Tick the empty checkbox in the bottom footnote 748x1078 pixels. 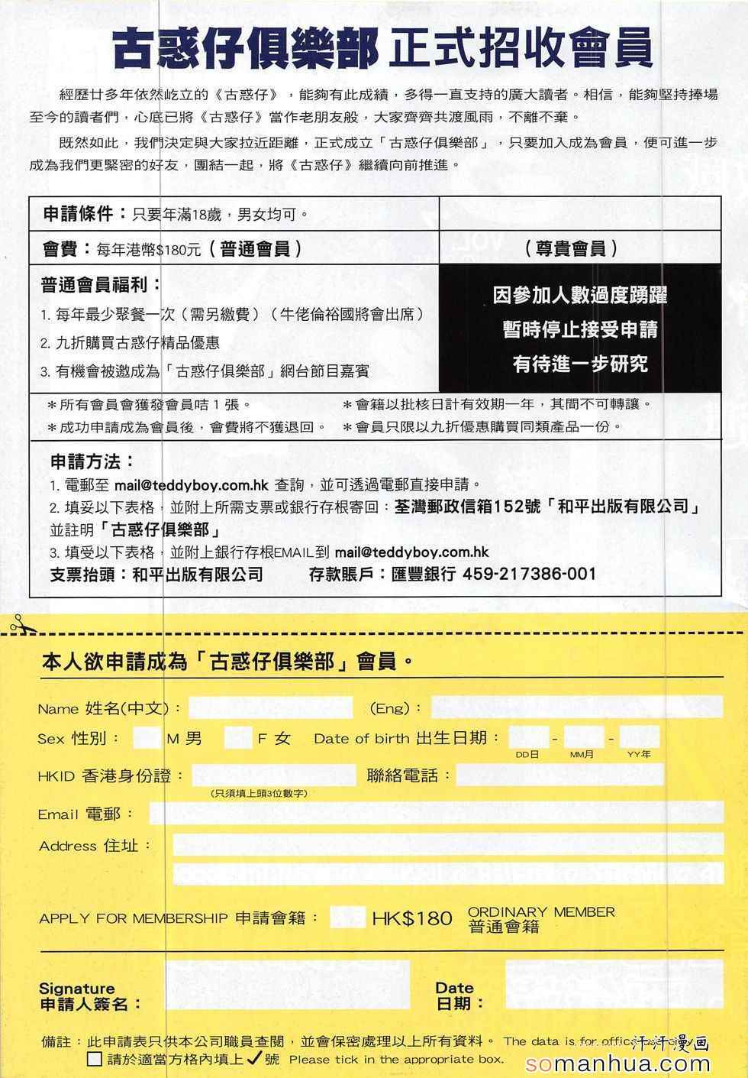click(x=95, y=1059)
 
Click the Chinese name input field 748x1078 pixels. click(x=271, y=707)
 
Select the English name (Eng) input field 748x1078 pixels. click(x=576, y=707)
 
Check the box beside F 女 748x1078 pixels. click(x=237, y=738)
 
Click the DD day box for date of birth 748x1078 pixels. click(x=528, y=738)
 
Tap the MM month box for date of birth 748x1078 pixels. click(x=584, y=738)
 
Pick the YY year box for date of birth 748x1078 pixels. click(x=640, y=738)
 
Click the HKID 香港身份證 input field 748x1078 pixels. click(x=273, y=775)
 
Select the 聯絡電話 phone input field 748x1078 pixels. click(x=559, y=775)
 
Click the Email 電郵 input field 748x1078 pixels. click(x=435, y=813)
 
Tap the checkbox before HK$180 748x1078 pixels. click(x=347, y=917)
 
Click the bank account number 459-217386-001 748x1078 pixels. click(x=529, y=574)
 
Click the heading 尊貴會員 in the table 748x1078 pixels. click(x=572, y=248)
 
